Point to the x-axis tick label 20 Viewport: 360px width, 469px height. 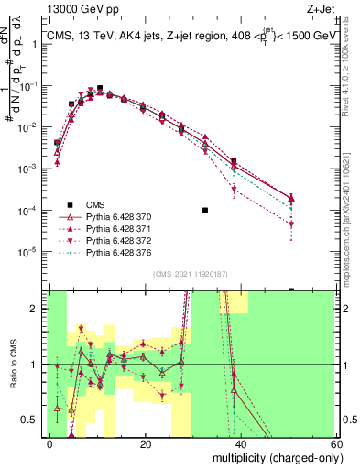pos(146,443)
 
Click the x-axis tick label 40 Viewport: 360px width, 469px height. pos(241,443)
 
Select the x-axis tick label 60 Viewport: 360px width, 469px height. pos(335,443)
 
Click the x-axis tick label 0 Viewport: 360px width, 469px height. pos(50,443)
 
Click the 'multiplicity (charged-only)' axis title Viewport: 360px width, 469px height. pos(272,457)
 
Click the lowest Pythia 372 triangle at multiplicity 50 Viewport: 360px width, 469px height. pos(291,224)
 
